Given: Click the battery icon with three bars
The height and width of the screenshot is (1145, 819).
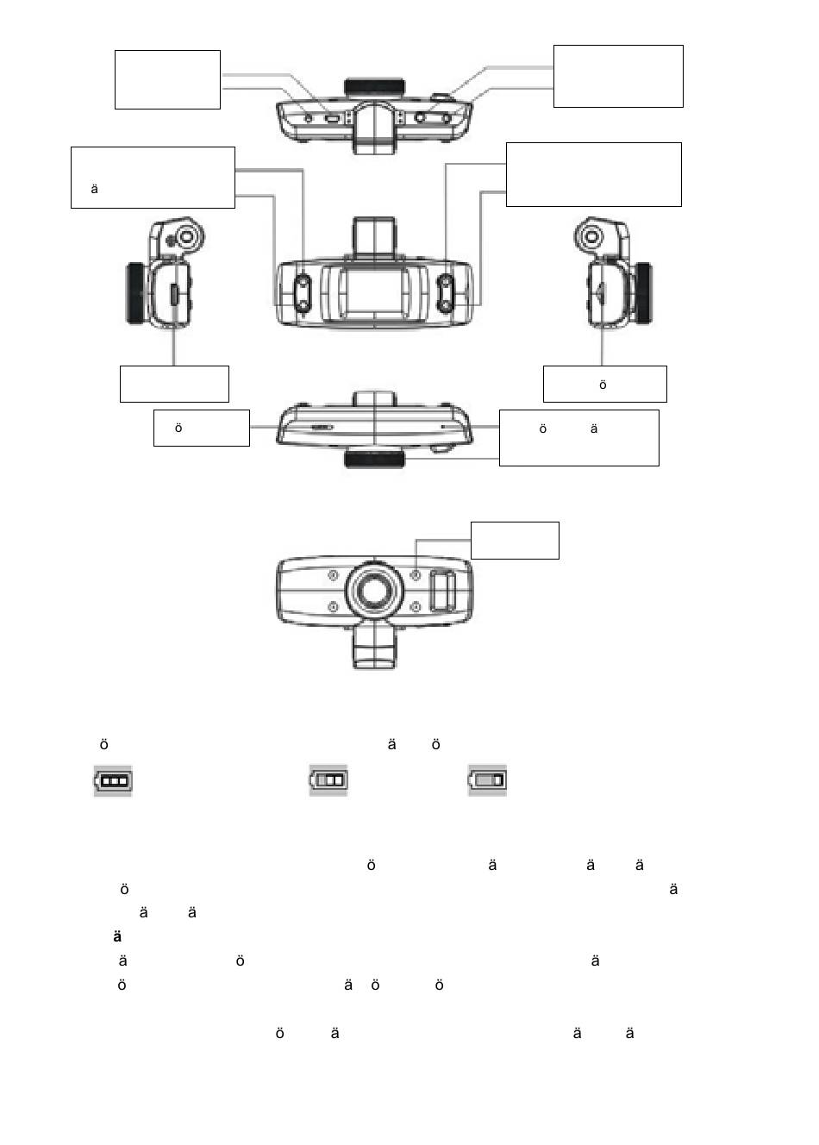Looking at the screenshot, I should click(x=113, y=780).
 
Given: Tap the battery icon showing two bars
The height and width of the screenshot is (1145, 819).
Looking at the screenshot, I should click(x=328, y=780).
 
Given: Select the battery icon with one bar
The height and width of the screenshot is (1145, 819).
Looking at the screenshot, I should click(x=487, y=780).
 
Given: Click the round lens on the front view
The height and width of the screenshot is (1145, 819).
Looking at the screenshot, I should click(x=374, y=591).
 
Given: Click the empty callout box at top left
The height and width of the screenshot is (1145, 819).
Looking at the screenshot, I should click(x=167, y=79).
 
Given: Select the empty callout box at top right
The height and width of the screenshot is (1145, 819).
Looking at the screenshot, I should click(x=617, y=76).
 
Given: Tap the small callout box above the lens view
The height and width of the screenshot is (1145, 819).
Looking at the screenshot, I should click(x=515, y=540).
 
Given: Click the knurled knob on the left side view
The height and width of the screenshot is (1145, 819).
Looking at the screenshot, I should click(x=134, y=294).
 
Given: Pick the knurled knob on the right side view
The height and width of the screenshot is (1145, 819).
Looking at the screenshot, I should click(x=643, y=294).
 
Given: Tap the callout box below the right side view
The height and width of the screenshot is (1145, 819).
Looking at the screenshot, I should click(x=604, y=384).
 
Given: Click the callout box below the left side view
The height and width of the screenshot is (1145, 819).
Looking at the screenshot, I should click(x=174, y=384).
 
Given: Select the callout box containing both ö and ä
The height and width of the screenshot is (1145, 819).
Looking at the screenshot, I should click(x=578, y=438).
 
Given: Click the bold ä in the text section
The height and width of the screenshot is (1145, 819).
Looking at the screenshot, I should click(x=117, y=937).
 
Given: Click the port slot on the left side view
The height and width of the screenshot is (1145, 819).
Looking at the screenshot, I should click(x=173, y=295).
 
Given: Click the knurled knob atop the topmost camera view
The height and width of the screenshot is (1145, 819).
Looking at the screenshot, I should click(x=374, y=88).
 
